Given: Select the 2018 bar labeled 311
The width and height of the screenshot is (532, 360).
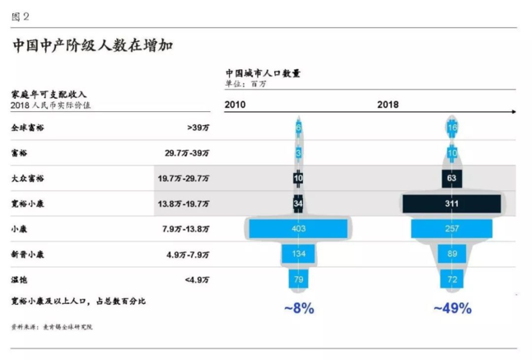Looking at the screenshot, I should tap(452, 203).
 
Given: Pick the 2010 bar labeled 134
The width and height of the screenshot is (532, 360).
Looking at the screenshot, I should tap(299, 254).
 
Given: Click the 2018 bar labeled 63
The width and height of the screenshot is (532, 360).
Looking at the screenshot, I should tap(452, 178).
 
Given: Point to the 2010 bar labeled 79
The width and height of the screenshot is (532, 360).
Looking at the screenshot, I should tap(299, 279).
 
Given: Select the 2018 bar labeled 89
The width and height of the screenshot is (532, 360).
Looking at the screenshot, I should tap(452, 254).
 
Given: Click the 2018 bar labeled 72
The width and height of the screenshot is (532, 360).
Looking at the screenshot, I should tap(452, 279).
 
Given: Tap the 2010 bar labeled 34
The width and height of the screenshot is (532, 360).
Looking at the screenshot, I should tap(299, 203).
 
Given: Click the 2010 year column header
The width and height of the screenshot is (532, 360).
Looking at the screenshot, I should tap(236, 105).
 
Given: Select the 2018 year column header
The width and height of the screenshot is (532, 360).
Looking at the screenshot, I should tap(388, 105).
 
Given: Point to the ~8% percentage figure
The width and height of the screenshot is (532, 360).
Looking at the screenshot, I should tap(299, 308).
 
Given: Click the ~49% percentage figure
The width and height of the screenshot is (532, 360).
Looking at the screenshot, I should tap(452, 308).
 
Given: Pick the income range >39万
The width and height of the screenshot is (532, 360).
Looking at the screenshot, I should tap(198, 128).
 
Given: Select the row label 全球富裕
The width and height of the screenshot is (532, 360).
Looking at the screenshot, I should tap(28, 128).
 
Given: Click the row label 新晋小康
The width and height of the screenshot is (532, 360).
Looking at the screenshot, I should tap(28, 255).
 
